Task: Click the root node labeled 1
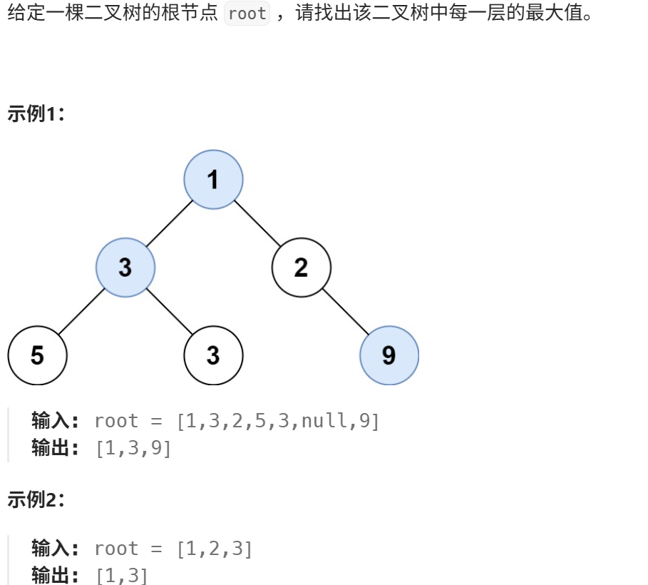213,180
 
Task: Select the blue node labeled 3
125,268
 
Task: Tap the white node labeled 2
301,268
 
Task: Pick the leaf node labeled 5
37,355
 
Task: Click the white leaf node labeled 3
213,355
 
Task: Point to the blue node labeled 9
389,355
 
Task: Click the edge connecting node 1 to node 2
257,223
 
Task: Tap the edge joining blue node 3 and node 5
81,312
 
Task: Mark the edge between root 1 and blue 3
170,223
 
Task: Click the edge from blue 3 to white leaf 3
170,312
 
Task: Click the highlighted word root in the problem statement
247,14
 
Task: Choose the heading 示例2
36,500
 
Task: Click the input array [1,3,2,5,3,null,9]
278,422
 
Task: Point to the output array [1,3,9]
133,449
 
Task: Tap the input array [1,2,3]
215,549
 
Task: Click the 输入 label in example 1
57,421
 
